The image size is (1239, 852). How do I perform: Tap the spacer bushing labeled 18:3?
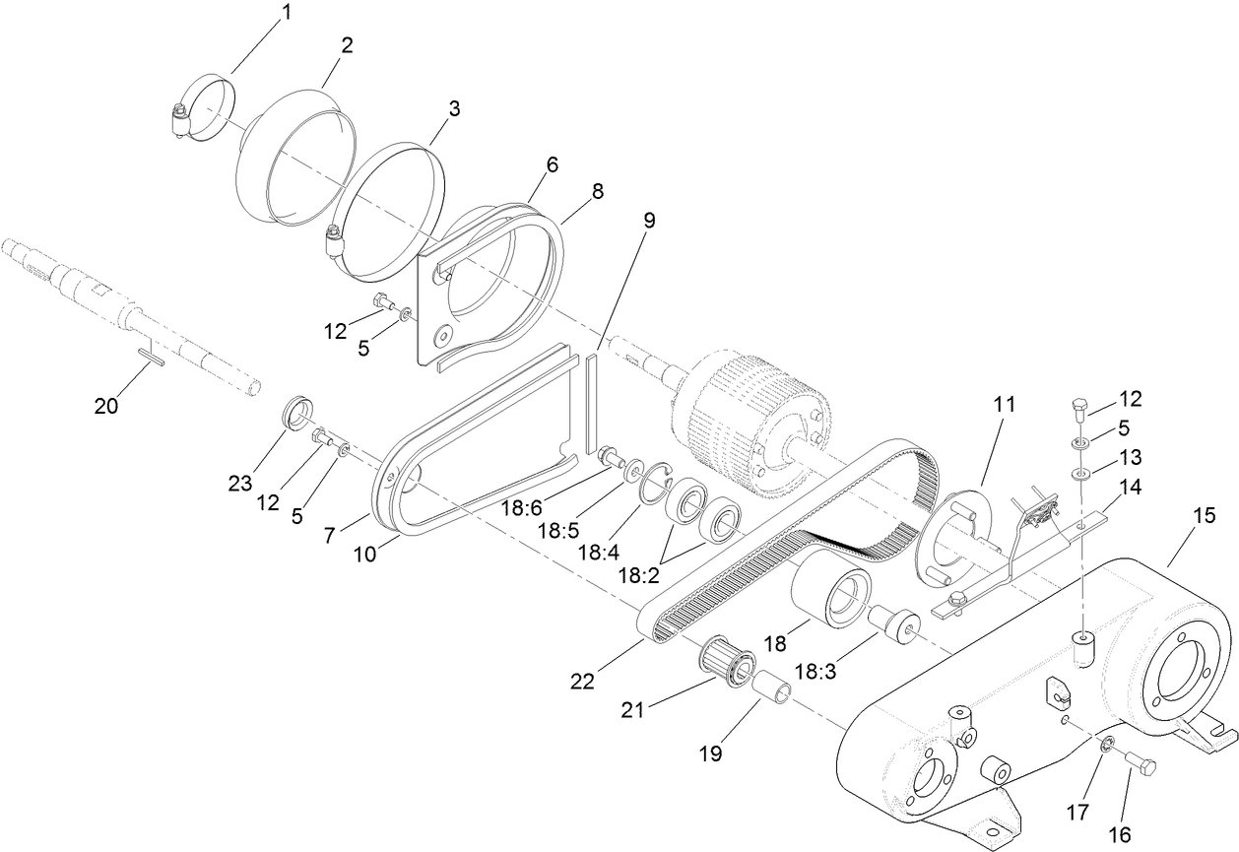click(893, 625)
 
